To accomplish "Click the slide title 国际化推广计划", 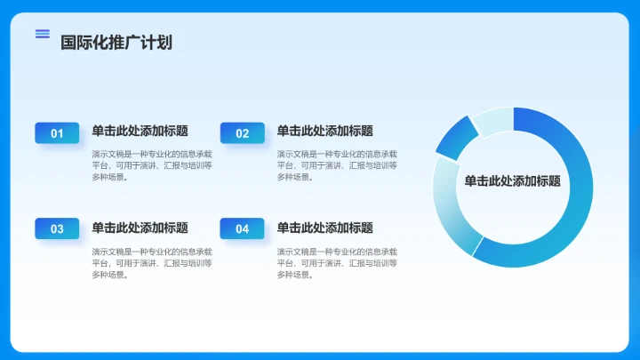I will tap(116, 42).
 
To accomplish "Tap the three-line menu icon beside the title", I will tap(42, 34).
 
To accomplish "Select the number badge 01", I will tap(57, 133).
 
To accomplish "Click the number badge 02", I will tap(242, 133).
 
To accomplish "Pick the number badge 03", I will tap(57, 228).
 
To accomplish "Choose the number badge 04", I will tap(242, 228).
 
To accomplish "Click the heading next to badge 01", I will tap(140, 132).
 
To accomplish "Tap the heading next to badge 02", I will tap(324, 132).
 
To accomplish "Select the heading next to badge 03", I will tap(140, 228).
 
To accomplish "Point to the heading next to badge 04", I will tap(324, 228).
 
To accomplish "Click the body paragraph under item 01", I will tap(151, 164).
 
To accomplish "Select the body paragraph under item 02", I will tap(337, 164).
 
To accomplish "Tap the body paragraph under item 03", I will tap(151, 262).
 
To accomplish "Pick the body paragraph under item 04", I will tap(337, 262).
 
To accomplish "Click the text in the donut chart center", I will tap(512, 180).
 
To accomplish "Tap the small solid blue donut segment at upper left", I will tap(454, 137).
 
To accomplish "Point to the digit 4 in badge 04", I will tap(245, 228).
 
